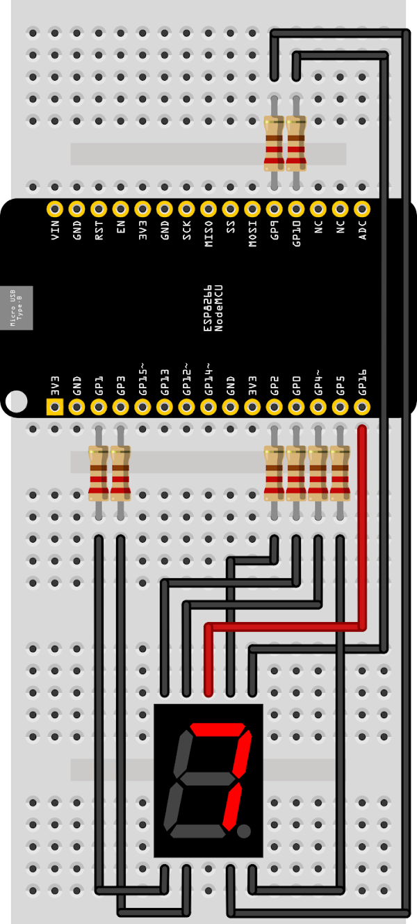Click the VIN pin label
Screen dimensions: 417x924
55,230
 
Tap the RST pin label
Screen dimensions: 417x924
99,230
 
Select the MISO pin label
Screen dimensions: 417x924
208,234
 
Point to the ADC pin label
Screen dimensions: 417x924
362,230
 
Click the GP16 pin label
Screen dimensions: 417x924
362,382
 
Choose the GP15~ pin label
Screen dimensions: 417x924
142,379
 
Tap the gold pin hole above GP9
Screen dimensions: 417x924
275,209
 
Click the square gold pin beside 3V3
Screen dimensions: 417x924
55,407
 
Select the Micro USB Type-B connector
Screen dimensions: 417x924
17,308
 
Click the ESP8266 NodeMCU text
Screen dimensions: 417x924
213,308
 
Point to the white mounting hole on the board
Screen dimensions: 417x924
17,401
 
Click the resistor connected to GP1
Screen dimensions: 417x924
99,473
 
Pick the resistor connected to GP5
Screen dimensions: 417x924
340,473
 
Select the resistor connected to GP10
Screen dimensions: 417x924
296,143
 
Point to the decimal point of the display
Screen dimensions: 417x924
244,831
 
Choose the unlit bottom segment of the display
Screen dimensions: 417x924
198,831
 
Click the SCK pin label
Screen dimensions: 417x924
187,230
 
